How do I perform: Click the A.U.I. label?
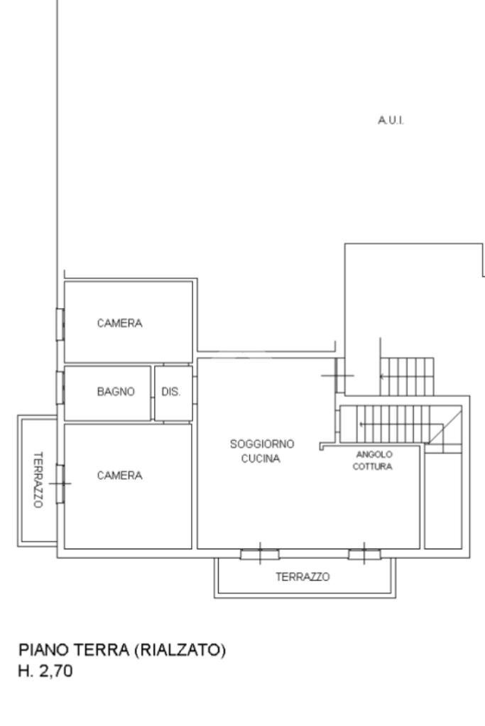(x=391, y=121)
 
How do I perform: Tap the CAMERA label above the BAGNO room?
(x=119, y=324)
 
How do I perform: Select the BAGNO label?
(x=116, y=391)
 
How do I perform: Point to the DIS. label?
(x=171, y=391)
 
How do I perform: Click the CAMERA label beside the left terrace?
(x=119, y=475)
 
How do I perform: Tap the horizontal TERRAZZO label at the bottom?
(x=303, y=578)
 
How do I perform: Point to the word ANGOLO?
(x=374, y=453)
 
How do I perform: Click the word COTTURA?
(x=374, y=466)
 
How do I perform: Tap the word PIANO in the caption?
(x=40, y=650)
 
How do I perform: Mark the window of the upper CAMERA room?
(x=60, y=324)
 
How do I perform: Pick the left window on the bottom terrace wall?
(x=259, y=554)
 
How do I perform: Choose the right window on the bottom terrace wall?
(x=364, y=554)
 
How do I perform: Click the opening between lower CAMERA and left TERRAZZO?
(x=60, y=483)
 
